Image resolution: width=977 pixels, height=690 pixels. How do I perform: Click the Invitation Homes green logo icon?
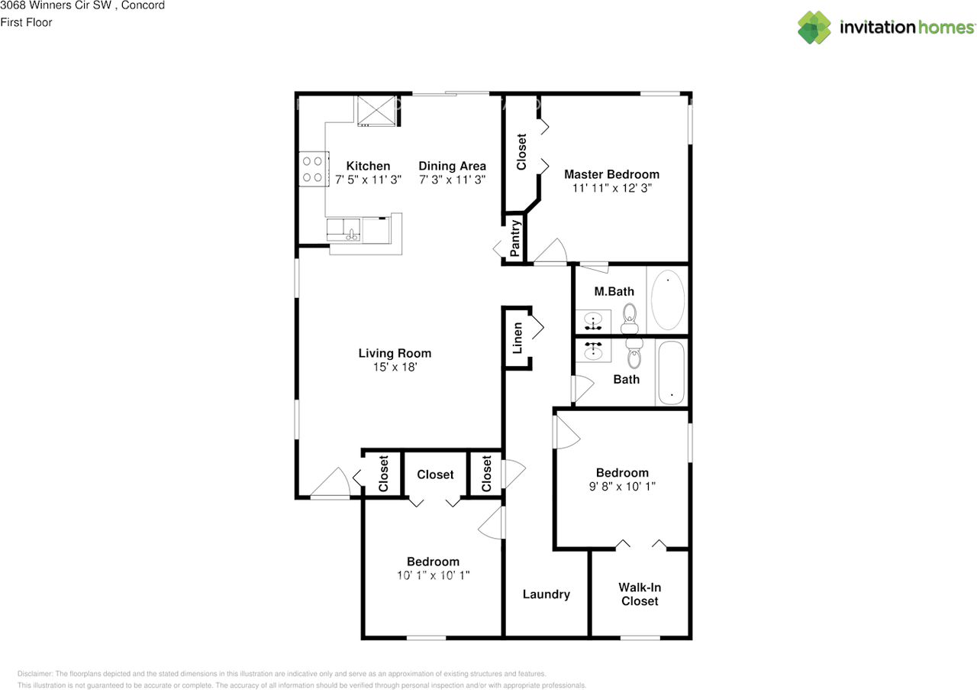click(814, 28)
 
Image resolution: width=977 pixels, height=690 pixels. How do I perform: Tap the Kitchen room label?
click(368, 166)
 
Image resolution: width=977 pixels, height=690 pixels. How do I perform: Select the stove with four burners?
click(314, 169)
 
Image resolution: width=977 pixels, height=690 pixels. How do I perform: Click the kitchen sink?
click(343, 230)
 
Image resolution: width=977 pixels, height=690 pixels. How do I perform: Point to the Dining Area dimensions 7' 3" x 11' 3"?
click(453, 180)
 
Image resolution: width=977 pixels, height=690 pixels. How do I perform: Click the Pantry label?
click(515, 238)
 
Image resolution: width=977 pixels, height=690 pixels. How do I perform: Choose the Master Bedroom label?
click(612, 174)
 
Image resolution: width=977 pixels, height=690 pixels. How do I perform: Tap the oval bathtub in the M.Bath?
click(668, 300)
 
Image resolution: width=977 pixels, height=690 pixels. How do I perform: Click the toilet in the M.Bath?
click(630, 319)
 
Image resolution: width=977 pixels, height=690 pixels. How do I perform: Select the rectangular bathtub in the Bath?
click(671, 373)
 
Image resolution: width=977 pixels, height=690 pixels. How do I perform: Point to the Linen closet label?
click(518, 338)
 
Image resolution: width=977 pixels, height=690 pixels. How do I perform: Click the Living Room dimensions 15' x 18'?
click(395, 367)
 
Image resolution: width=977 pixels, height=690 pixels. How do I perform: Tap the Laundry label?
click(547, 594)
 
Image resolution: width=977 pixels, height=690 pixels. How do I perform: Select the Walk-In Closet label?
click(640, 594)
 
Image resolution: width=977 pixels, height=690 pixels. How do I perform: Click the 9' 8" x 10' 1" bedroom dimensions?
click(622, 486)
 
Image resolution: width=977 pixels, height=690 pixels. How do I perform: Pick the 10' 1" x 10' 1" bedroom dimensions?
click(433, 575)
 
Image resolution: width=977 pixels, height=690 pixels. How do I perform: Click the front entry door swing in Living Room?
click(331, 484)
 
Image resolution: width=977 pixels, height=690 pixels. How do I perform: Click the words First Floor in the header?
click(26, 22)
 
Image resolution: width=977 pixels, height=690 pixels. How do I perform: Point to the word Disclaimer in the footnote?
click(35, 674)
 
